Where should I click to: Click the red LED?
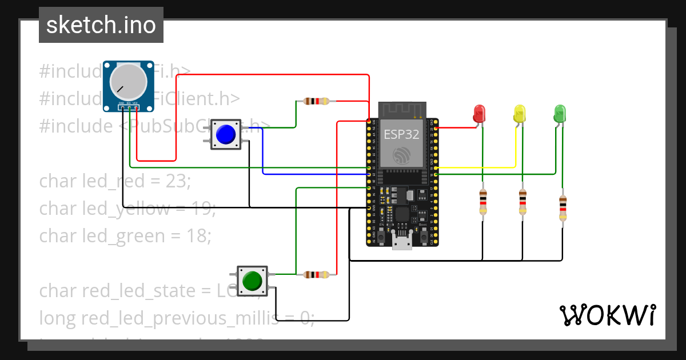click(480, 113)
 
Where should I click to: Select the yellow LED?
click(520, 113)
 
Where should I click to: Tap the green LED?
click(560, 113)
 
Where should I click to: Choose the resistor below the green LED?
click(563, 207)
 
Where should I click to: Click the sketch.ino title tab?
click(101, 25)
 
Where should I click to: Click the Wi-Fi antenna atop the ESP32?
click(403, 109)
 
